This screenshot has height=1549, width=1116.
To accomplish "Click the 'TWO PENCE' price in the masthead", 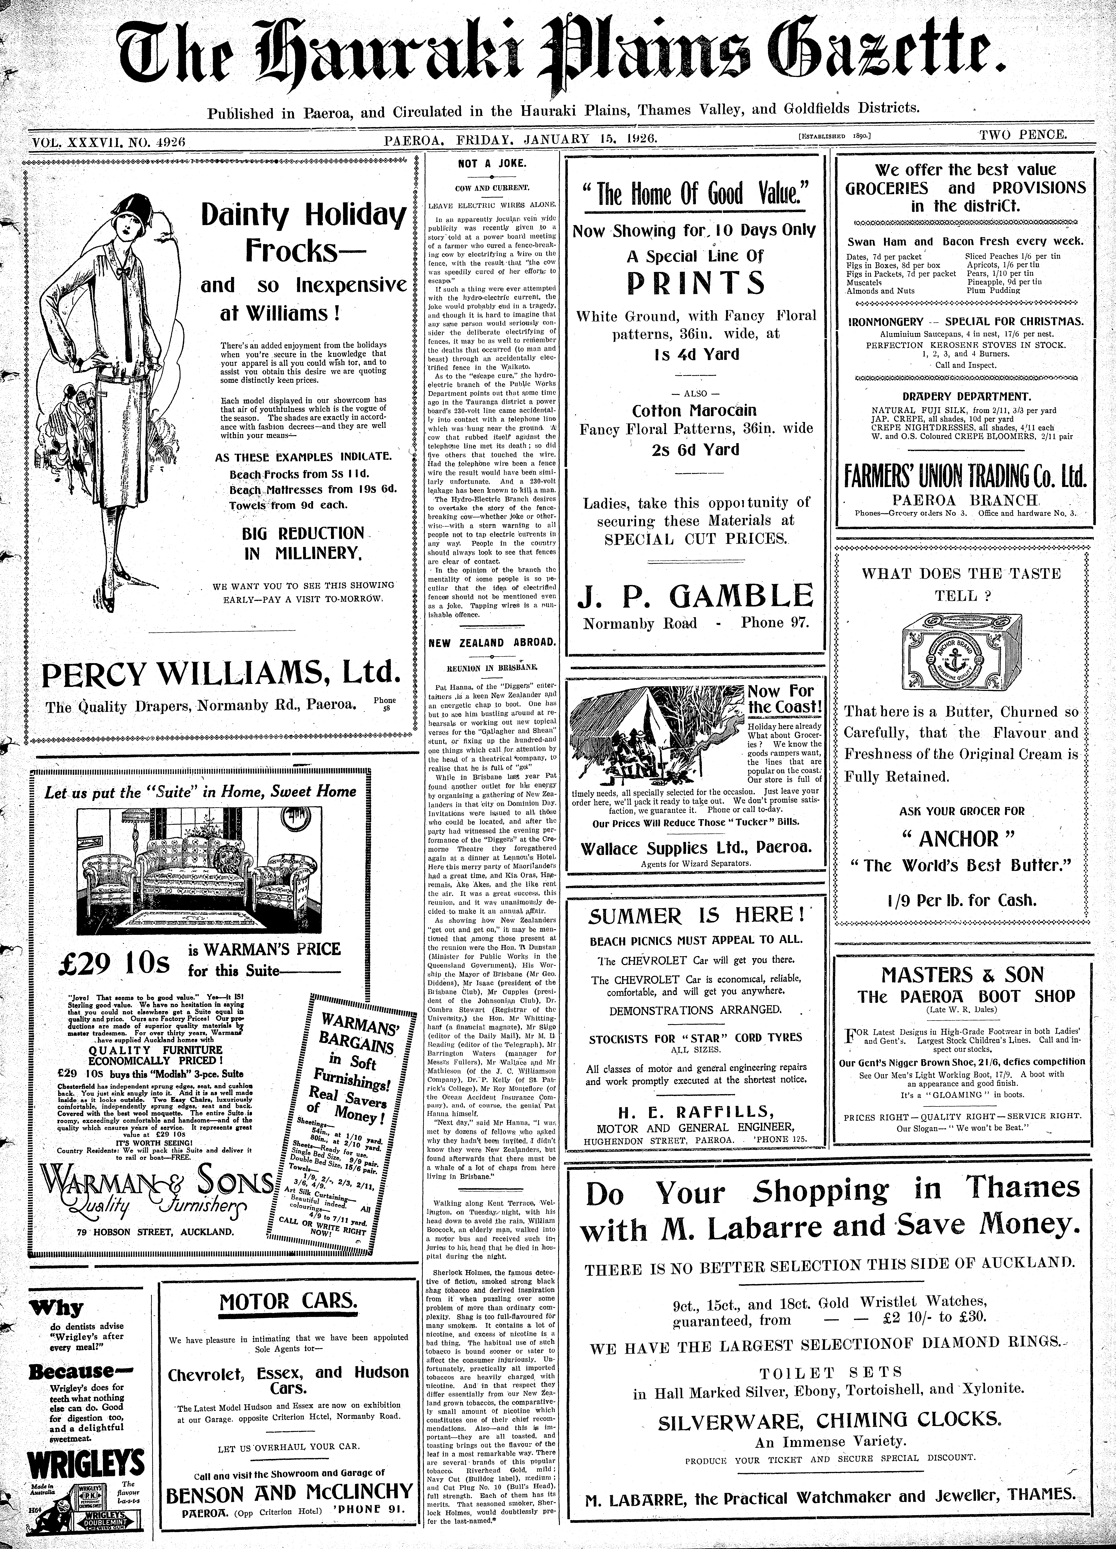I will coord(1022,135).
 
